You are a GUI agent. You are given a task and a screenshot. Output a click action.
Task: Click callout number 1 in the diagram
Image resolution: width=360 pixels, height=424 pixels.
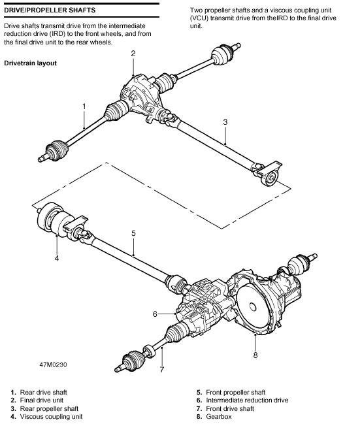(84, 106)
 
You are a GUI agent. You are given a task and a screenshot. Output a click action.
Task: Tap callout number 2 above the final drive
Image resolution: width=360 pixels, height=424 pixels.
(133, 54)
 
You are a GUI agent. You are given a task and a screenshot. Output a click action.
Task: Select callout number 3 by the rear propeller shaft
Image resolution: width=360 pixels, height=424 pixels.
(225, 122)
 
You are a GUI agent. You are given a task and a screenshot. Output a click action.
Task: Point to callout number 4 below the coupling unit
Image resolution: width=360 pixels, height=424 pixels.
(57, 258)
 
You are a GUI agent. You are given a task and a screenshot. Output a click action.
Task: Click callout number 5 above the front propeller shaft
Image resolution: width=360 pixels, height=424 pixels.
(133, 233)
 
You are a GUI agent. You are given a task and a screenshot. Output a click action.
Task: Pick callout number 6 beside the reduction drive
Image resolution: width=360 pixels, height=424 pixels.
(155, 314)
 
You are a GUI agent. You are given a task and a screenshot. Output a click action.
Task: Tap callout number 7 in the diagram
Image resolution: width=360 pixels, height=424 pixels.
(162, 369)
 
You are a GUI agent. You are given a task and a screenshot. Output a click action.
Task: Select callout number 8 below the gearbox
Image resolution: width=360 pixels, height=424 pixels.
(255, 355)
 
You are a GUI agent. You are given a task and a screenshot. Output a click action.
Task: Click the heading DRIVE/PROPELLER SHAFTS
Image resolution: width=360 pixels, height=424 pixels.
(50, 10)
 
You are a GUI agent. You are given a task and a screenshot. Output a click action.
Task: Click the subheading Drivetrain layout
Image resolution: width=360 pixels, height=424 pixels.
(30, 63)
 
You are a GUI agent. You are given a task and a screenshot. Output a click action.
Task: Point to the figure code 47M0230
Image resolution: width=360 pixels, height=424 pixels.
(53, 365)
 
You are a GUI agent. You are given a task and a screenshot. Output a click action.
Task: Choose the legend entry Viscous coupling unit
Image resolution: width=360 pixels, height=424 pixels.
(52, 417)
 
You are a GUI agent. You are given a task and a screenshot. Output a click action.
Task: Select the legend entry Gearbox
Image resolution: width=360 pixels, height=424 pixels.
(219, 417)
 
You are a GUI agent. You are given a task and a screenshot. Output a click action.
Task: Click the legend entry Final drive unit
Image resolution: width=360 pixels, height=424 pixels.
(42, 400)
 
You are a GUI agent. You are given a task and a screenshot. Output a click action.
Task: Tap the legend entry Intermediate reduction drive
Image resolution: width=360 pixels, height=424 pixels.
(247, 400)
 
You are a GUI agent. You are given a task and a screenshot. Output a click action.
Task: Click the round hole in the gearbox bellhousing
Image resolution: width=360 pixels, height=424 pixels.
(253, 307)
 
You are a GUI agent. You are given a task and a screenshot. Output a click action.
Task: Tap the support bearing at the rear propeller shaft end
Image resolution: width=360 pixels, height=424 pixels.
(270, 178)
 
